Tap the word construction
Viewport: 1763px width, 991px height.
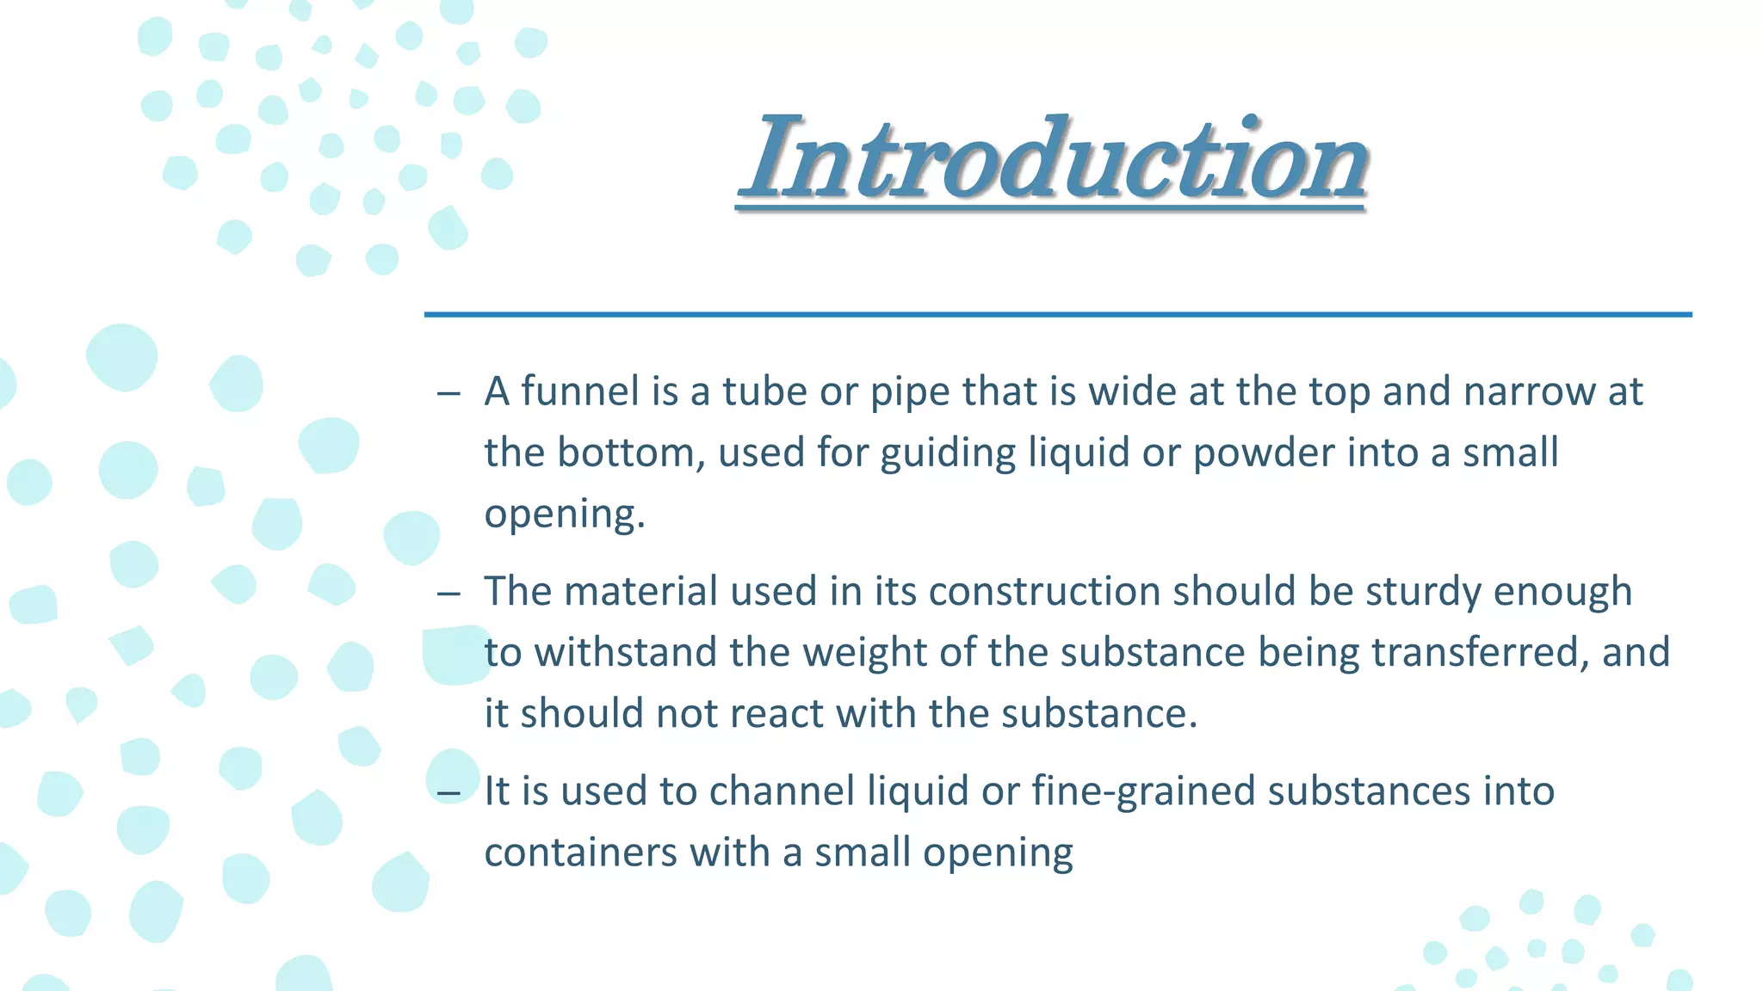[1044, 591]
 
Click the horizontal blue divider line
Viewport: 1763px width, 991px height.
[1058, 315]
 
